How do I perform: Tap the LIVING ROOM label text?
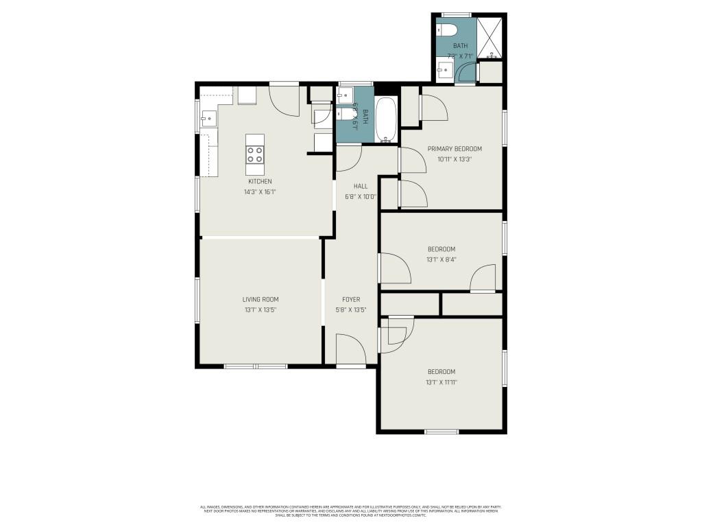point(260,299)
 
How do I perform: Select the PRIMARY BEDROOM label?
point(455,148)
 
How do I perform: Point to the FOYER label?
point(351,299)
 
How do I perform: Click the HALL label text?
point(361,186)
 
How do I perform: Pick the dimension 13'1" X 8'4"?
point(441,259)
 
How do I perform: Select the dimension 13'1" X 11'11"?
point(441,382)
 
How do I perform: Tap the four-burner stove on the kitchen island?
point(255,154)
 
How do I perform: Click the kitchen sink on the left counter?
point(208,119)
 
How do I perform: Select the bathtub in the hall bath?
point(387,119)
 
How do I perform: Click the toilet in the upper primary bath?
point(447,30)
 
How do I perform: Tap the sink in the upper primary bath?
point(445,69)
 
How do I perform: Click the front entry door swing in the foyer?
point(350,349)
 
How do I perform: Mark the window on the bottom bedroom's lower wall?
point(441,432)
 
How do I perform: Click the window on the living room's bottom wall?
point(256,366)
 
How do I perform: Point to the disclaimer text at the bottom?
point(350,511)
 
